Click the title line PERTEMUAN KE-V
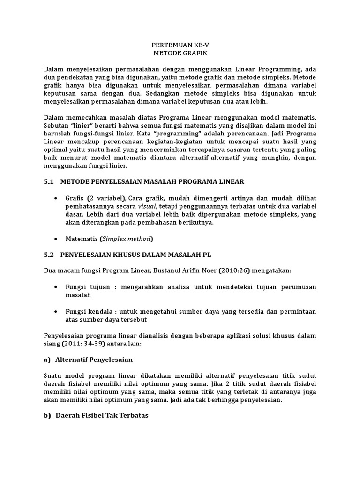coord(180,45)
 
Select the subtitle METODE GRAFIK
coord(180,53)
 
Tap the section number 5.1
coord(49,181)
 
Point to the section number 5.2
coord(49,255)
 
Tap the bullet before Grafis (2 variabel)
coord(57,198)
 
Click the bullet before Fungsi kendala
coord(57,311)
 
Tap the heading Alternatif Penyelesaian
coord(94,360)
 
